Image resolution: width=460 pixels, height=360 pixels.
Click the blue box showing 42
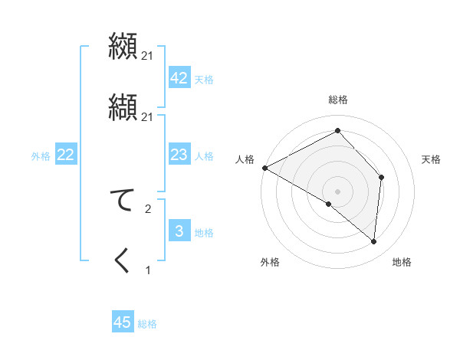[179, 78]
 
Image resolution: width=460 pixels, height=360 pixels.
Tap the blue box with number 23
[179, 155]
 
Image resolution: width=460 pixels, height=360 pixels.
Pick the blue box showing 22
[65, 155]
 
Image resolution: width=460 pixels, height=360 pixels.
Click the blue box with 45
[122, 322]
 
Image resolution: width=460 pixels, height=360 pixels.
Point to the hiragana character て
[123, 201]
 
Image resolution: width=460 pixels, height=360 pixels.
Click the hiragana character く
[123, 260]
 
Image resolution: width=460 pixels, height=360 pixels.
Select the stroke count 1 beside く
[148, 270]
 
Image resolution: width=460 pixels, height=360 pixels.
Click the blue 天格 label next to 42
[204, 80]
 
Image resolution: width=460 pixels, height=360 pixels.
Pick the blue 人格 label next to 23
[204, 156]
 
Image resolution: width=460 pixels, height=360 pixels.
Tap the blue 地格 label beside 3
[204, 233]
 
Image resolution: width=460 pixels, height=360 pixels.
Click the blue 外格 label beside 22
[41, 156]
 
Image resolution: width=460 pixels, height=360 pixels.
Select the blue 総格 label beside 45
[147, 324]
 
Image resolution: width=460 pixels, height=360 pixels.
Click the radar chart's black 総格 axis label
[338, 100]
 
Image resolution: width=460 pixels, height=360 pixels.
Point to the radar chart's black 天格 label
[432, 159]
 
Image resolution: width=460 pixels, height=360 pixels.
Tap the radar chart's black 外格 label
[270, 262]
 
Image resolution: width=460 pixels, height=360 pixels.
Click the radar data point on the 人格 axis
[264, 167]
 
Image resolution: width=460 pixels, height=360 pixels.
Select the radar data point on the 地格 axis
[374, 241]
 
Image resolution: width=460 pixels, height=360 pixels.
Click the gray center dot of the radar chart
[338, 191]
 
